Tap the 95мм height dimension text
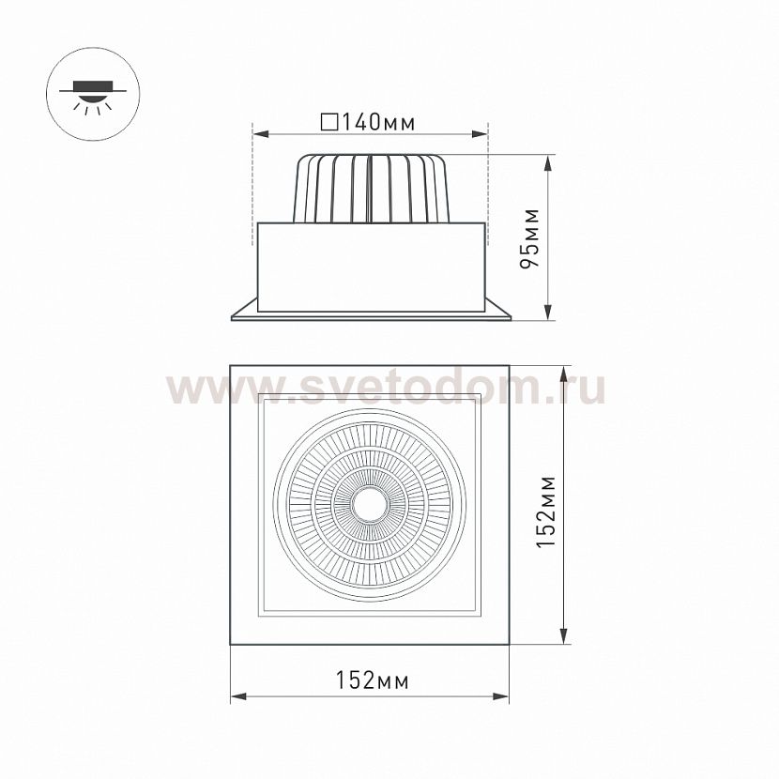(x=532, y=238)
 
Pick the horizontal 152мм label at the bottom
(x=372, y=680)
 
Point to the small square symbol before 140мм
(x=328, y=122)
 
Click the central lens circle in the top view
(x=370, y=505)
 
